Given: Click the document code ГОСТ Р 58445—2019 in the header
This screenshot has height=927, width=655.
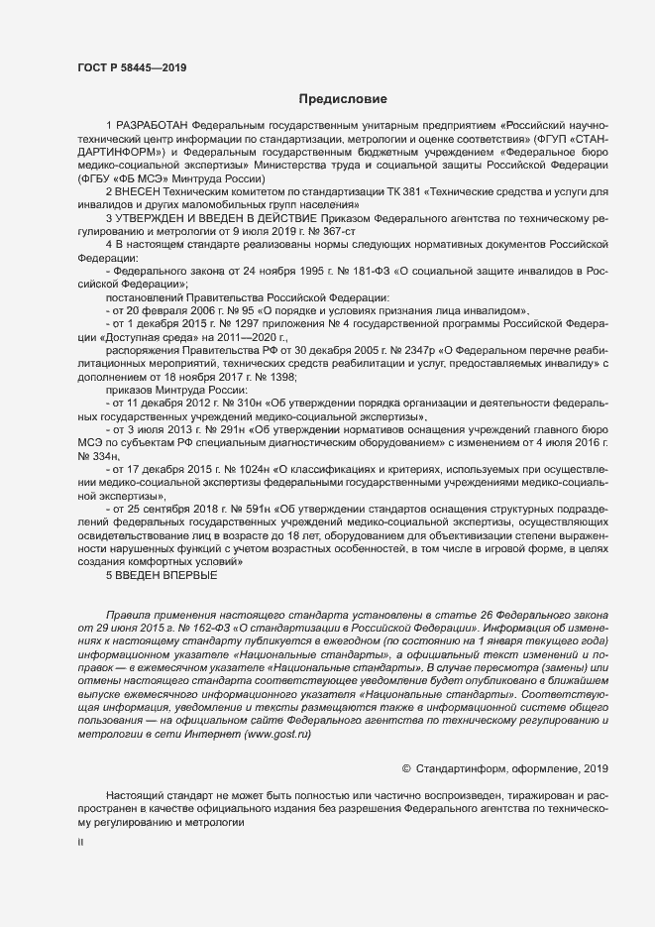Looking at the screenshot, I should [131, 67].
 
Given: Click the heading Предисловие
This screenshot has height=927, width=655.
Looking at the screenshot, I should [343, 99].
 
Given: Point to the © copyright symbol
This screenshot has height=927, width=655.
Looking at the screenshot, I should [405, 768].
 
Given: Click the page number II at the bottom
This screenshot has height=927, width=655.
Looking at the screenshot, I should [80, 843].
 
